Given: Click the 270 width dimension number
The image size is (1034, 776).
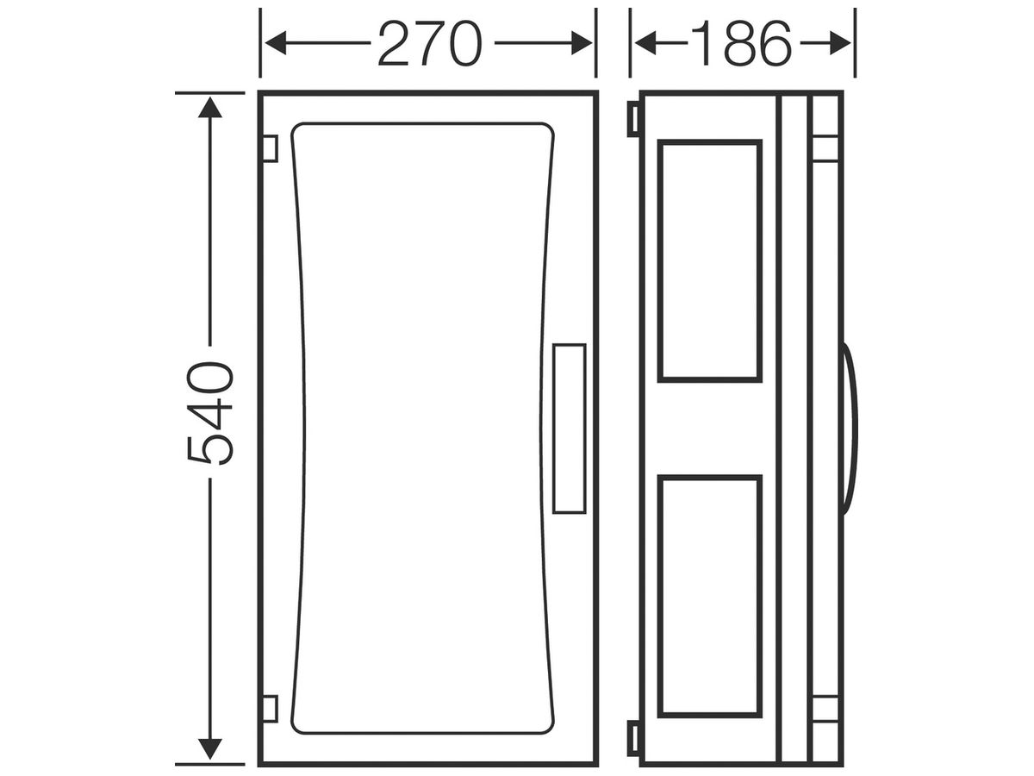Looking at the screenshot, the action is point(430,44).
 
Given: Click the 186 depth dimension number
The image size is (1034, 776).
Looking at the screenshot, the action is point(741,44).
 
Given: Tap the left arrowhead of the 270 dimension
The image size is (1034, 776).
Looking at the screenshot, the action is point(276,43).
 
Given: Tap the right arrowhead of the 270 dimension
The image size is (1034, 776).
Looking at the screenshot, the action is point(582,43).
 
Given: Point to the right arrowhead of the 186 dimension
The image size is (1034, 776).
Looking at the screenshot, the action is point(840,43).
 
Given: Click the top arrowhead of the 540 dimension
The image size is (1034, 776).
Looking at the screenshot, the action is point(210,107).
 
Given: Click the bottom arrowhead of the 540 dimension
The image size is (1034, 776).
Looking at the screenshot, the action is point(210,714).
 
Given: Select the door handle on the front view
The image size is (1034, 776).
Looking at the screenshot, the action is point(569,429).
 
